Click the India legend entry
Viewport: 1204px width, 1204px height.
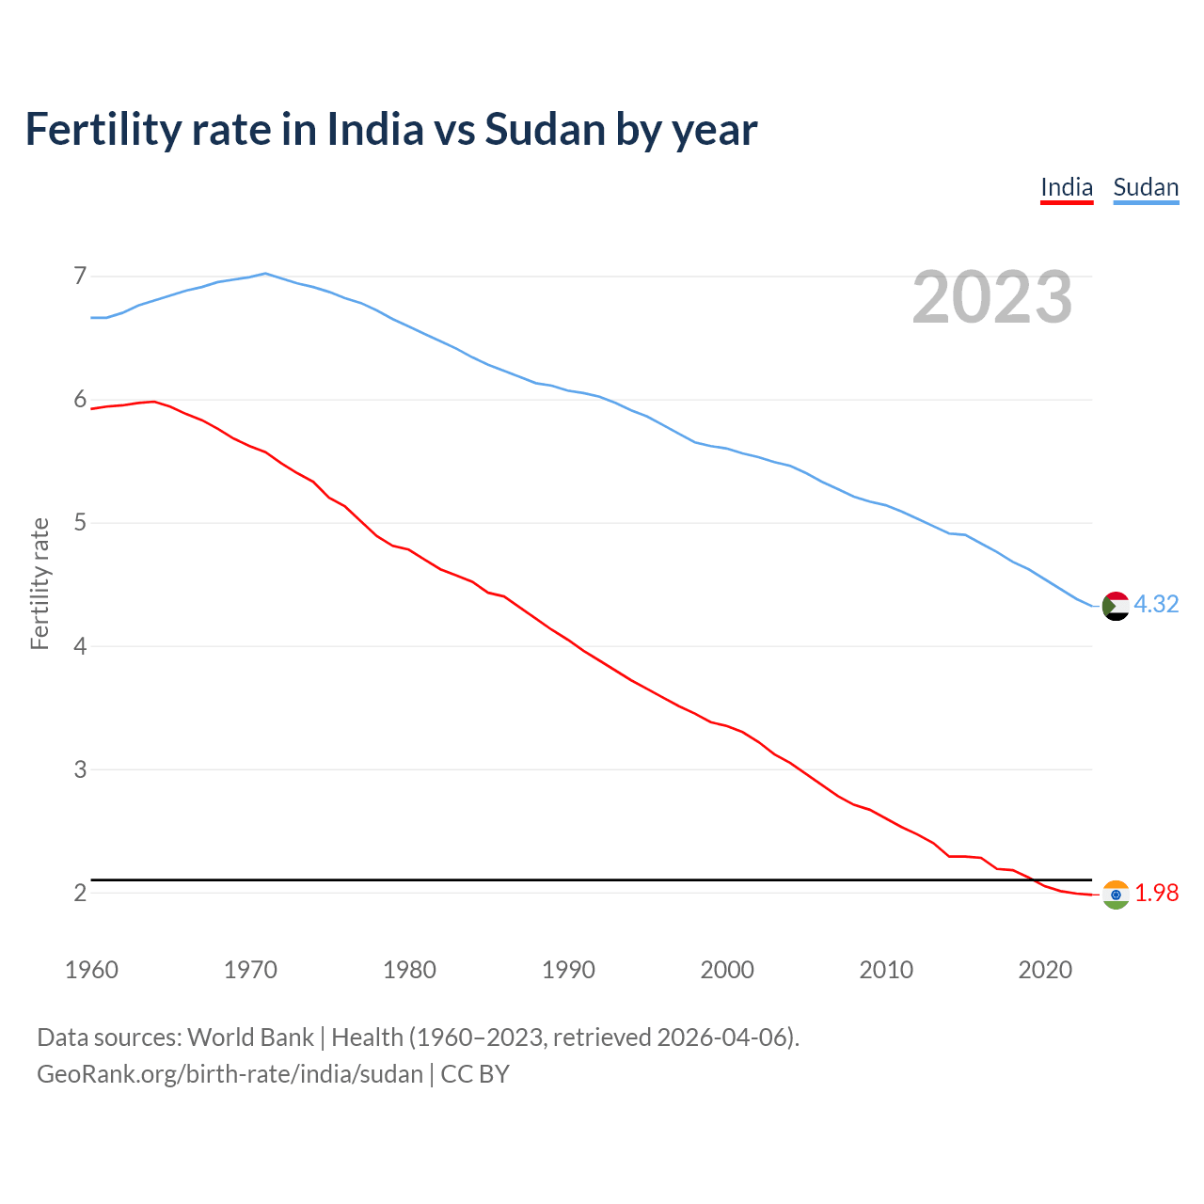point(1067,187)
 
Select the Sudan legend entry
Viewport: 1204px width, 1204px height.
point(1146,187)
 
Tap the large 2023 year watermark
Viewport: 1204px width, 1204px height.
point(991,297)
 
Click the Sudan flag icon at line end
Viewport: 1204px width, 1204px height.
point(1115,606)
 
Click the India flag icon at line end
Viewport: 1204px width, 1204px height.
point(1115,895)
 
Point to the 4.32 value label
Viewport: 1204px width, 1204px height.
point(1156,604)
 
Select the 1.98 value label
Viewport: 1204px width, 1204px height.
point(1156,893)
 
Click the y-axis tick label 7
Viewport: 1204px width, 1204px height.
point(80,276)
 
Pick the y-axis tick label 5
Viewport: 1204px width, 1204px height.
point(80,522)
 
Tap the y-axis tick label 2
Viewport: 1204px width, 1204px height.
point(80,893)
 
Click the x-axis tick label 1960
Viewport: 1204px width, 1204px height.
point(91,970)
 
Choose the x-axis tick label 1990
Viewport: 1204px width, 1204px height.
point(568,970)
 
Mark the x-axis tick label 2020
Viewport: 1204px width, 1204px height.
point(1045,970)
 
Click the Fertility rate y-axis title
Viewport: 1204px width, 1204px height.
point(40,583)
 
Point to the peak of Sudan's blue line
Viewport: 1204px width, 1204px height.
point(265,274)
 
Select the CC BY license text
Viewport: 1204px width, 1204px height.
point(475,1074)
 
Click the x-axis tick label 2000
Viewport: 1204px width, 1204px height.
point(727,970)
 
